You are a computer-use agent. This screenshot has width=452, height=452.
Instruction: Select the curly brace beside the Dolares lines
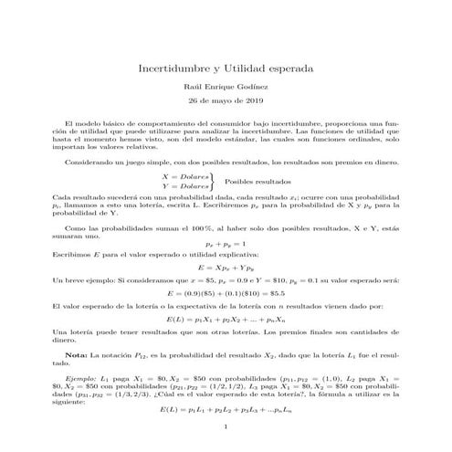(213, 181)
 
